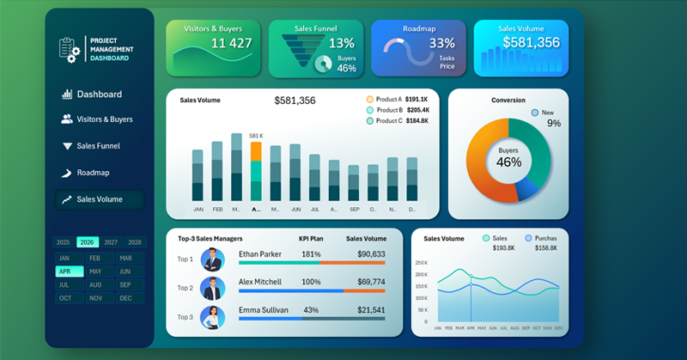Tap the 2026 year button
(x=87, y=243)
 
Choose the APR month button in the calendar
(x=65, y=271)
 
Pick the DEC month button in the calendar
(x=125, y=298)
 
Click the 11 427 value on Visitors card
(x=231, y=43)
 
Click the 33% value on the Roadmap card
(x=441, y=43)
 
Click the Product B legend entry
(x=388, y=110)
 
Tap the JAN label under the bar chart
(x=198, y=209)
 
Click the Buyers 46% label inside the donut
(x=508, y=157)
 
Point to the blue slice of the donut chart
(x=526, y=188)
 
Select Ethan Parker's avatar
(x=212, y=259)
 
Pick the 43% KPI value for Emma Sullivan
(x=311, y=310)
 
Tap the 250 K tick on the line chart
(x=421, y=263)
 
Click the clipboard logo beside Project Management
(x=70, y=48)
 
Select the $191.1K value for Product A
(x=417, y=100)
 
